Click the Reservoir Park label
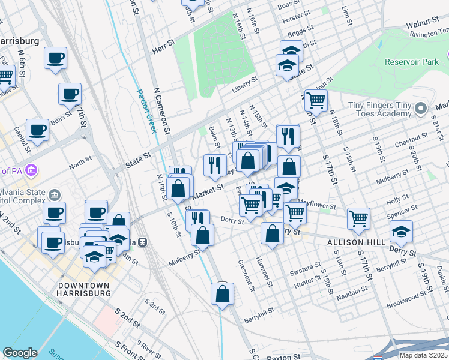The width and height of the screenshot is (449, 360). pos(413,62)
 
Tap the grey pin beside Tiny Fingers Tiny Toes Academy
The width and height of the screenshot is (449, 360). pos(421,109)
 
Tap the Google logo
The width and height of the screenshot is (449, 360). pos(20,353)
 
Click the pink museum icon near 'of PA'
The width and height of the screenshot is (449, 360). pos(31,171)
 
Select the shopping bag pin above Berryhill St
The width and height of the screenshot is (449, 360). pos(222,294)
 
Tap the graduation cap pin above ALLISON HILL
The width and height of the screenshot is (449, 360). pos(401,231)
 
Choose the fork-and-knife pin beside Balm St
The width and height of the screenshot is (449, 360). pos(215,165)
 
